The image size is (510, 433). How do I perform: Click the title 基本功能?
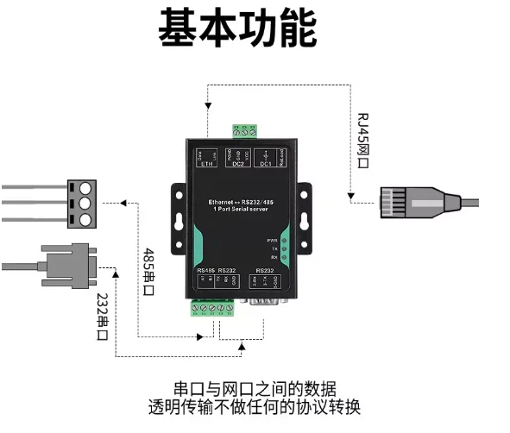pyautogui.click(x=236, y=29)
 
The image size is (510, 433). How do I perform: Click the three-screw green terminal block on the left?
pyautogui.click(x=85, y=203)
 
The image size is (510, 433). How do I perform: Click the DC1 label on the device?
pyautogui.click(x=267, y=164)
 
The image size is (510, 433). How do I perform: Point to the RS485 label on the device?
pyautogui.click(x=205, y=269)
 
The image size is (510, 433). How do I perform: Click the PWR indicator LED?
pyautogui.click(x=284, y=241)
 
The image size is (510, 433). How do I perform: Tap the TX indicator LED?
pyautogui.click(x=284, y=249)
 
